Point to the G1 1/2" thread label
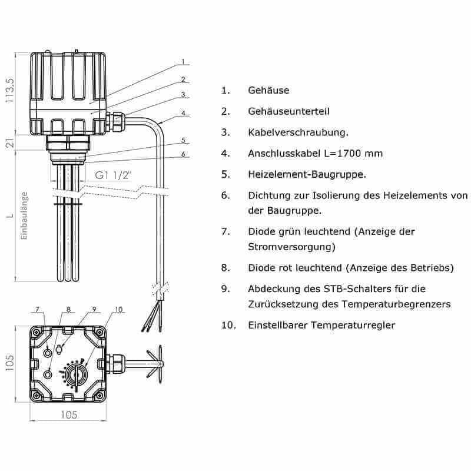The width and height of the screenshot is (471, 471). pyautogui.click(x=111, y=175)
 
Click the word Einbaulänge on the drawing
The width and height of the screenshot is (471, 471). pyautogui.click(x=24, y=216)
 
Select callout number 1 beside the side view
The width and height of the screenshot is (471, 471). pyautogui.click(x=183, y=61)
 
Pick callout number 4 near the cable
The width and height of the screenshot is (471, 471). pyautogui.click(x=184, y=113)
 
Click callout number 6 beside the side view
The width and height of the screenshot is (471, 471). pyautogui.click(x=184, y=154)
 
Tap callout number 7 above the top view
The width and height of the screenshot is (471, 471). pyautogui.click(x=37, y=309)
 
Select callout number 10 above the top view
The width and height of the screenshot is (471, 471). pyautogui.click(x=118, y=309)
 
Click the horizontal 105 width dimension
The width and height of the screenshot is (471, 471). pyautogui.click(x=69, y=414)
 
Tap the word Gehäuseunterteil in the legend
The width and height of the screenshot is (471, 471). pyautogui.click(x=288, y=111)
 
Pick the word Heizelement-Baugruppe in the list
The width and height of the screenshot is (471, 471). pyautogui.click(x=307, y=175)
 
